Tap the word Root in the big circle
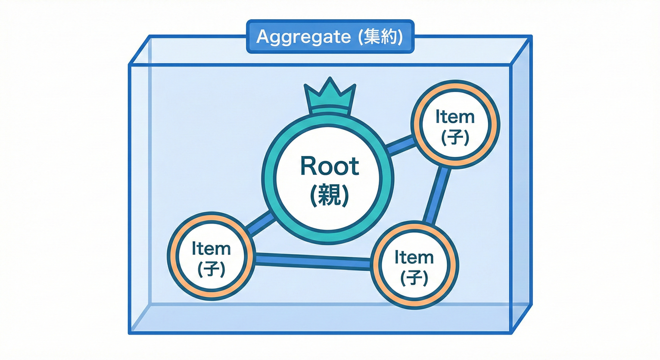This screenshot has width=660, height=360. pyautogui.click(x=330, y=166)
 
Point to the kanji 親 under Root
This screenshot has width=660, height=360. pyautogui.click(x=330, y=195)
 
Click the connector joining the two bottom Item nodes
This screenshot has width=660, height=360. pyautogui.click(x=313, y=261)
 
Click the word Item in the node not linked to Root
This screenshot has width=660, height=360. pyautogui.click(x=414, y=257)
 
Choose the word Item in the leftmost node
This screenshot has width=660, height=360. pyautogui.click(x=211, y=248)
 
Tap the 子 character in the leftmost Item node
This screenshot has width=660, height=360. pyautogui.click(x=211, y=269)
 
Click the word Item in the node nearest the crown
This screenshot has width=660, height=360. pyautogui.click(x=455, y=117)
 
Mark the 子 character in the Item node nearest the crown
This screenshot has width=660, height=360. pyautogui.click(x=455, y=138)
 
